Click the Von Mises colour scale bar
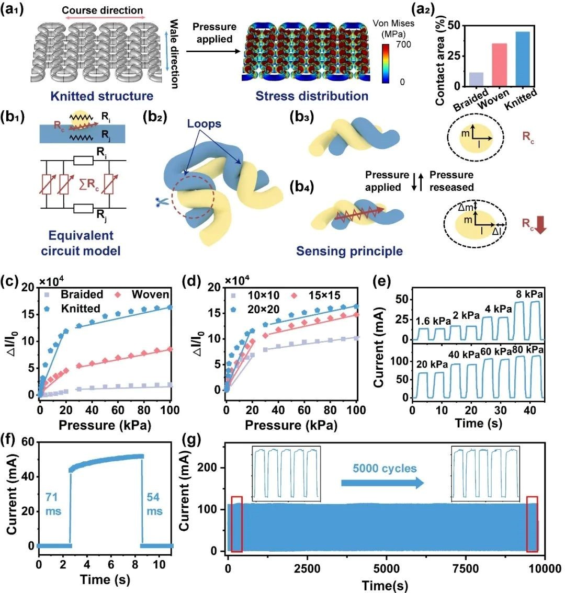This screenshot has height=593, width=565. (x=386, y=63)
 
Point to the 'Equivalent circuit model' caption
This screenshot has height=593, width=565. (x=80, y=243)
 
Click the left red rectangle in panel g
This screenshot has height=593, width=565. (x=236, y=523)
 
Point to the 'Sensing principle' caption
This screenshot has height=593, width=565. (x=349, y=252)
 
